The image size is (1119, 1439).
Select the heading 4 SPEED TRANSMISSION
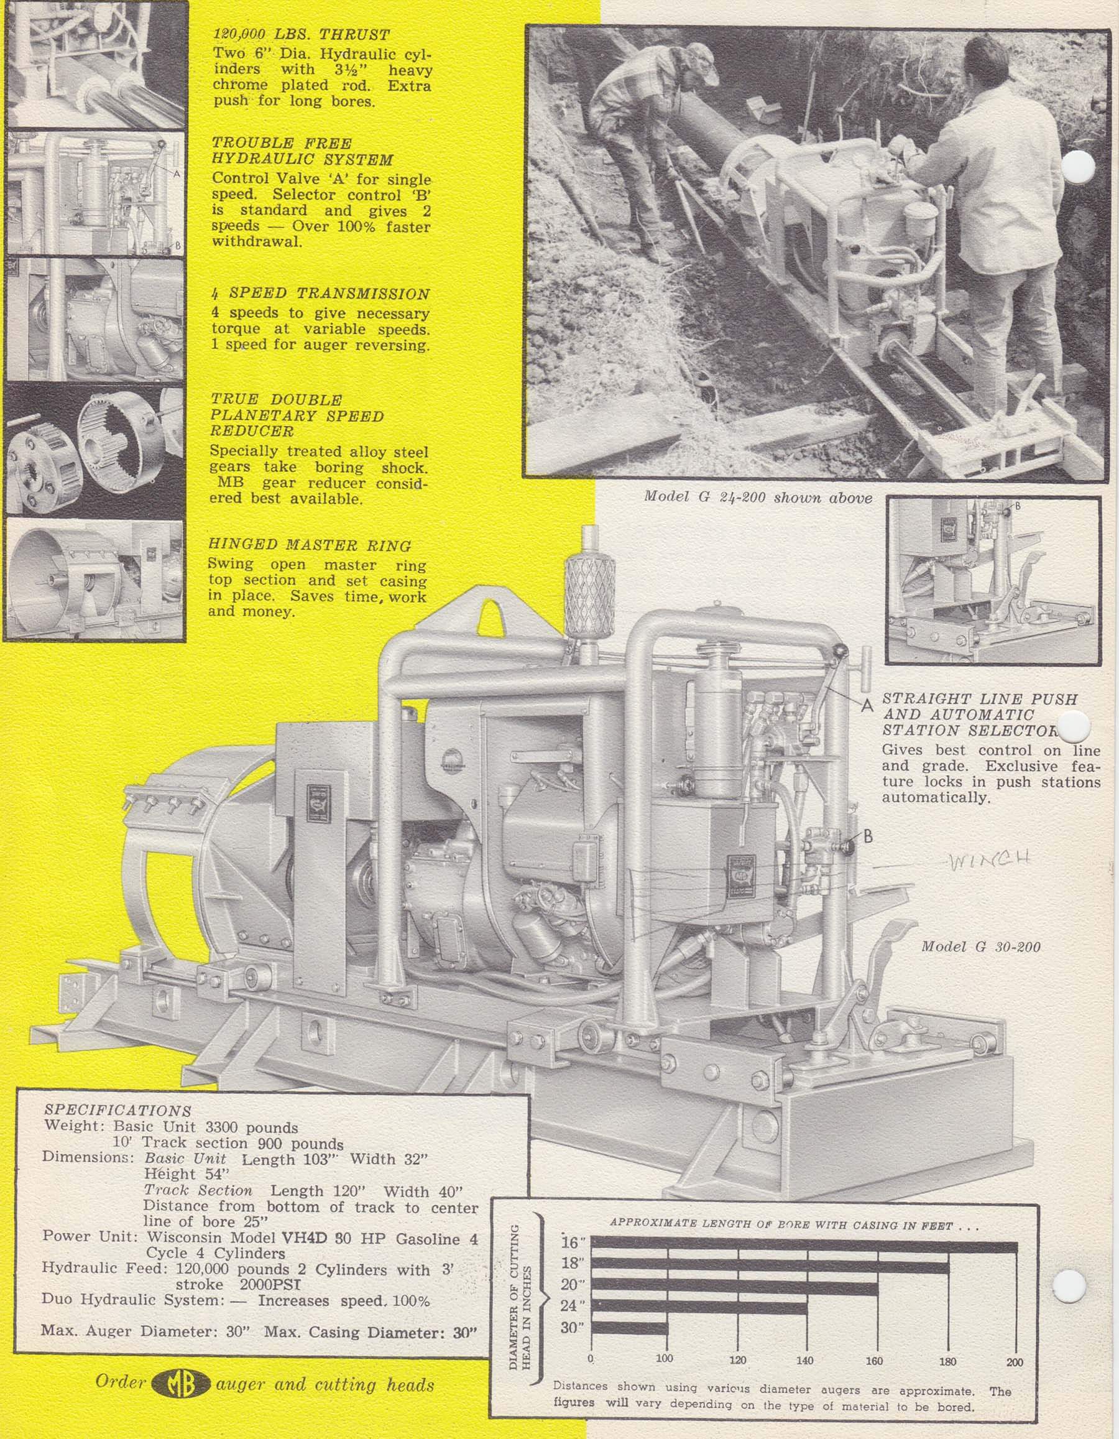point(320,295)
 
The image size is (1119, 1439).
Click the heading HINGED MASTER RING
point(310,545)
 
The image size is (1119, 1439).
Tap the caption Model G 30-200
point(980,947)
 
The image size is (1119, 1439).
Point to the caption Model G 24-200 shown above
point(757,497)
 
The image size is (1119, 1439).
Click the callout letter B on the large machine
point(868,837)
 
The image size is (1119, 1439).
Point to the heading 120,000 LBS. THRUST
point(301,34)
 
